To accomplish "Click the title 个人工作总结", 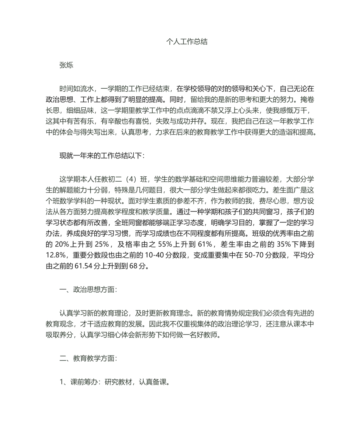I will point(187,42).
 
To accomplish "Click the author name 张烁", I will point(66,65).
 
